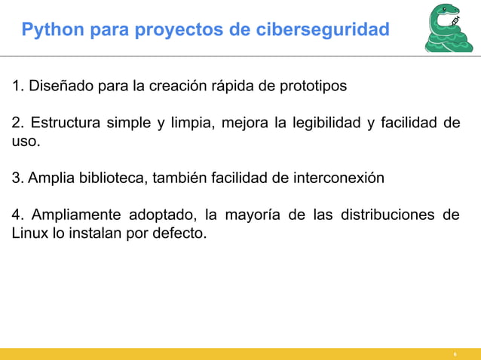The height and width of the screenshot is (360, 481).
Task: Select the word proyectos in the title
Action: [158, 30]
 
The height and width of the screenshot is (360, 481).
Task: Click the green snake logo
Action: [449, 28]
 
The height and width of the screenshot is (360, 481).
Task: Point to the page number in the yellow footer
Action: [454, 354]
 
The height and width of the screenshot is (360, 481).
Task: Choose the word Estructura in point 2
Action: [66, 124]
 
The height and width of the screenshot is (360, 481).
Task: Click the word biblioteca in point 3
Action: [113, 178]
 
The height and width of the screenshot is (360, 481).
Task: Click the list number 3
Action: [16, 178]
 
